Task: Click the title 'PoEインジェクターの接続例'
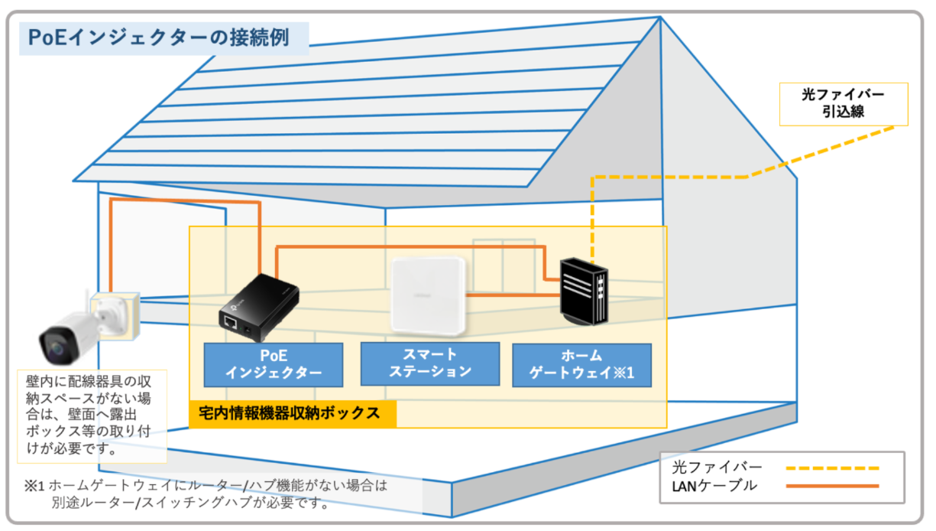tap(158, 37)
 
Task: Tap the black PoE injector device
tap(259, 308)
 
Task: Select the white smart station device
tap(428, 296)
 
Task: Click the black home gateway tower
tap(584, 292)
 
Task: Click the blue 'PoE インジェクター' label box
tap(274, 364)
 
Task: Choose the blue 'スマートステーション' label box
tap(430, 363)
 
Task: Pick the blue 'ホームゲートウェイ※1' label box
tap(581, 365)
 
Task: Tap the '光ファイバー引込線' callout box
tap(844, 104)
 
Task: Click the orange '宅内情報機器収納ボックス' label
tap(293, 414)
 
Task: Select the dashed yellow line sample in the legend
tap(832, 468)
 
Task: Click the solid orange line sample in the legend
tap(832, 486)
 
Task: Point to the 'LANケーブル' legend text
tap(714, 486)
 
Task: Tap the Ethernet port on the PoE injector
tap(230, 322)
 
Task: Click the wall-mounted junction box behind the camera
tap(115, 315)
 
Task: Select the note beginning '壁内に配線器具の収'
tap(89, 415)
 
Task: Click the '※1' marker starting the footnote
tap(34, 486)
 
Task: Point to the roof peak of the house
tap(660, 17)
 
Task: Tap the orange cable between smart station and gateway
tap(513, 295)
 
